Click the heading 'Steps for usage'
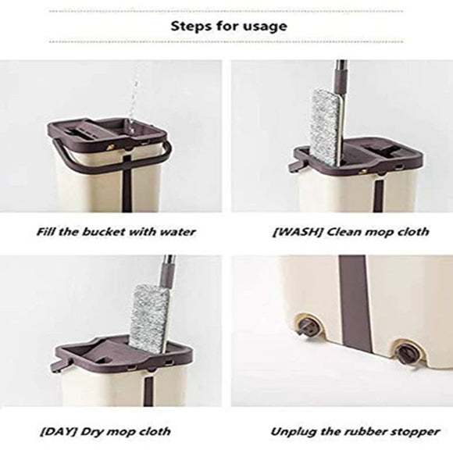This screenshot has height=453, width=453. click(x=229, y=26)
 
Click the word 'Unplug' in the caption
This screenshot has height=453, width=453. click(x=294, y=431)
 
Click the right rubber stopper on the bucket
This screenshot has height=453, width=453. click(x=405, y=352)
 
